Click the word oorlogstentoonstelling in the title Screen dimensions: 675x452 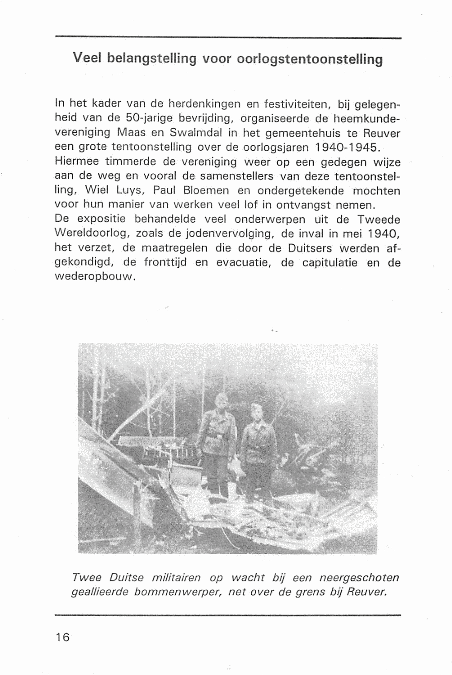[x=310, y=59]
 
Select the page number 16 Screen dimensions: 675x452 [x=62, y=637]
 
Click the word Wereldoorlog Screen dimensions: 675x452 [x=88, y=234]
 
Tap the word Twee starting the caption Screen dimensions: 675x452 [x=86, y=578]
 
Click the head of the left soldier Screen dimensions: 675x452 [x=222, y=401]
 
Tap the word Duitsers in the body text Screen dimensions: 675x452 [x=313, y=249]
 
